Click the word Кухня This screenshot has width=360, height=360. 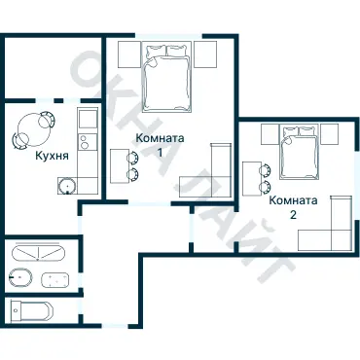click(x=52, y=156)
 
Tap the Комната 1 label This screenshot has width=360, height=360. click(x=160, y=145)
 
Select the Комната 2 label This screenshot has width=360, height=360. click(x=293, y=207)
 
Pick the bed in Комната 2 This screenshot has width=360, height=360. click(x=299, y=152)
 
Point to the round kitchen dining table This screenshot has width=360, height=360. click(x=32, y=128)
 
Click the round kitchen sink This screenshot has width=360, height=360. click(x=67, y=187)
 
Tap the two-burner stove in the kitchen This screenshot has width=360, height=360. click(x=88, y=141)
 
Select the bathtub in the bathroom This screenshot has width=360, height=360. click(x=39, y=252)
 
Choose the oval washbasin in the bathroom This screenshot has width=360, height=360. click(x=20, y=277)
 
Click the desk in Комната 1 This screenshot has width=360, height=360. click(x=119, y=166)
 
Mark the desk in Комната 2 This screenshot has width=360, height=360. click(x=252, y=179)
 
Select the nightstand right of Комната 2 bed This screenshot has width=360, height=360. click(x=329, y=134)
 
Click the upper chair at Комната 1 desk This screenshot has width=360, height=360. click(x=133, y=158)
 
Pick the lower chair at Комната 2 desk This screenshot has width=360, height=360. click(x=266, y=187)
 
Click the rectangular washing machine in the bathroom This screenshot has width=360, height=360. click(x=55, y=279)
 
